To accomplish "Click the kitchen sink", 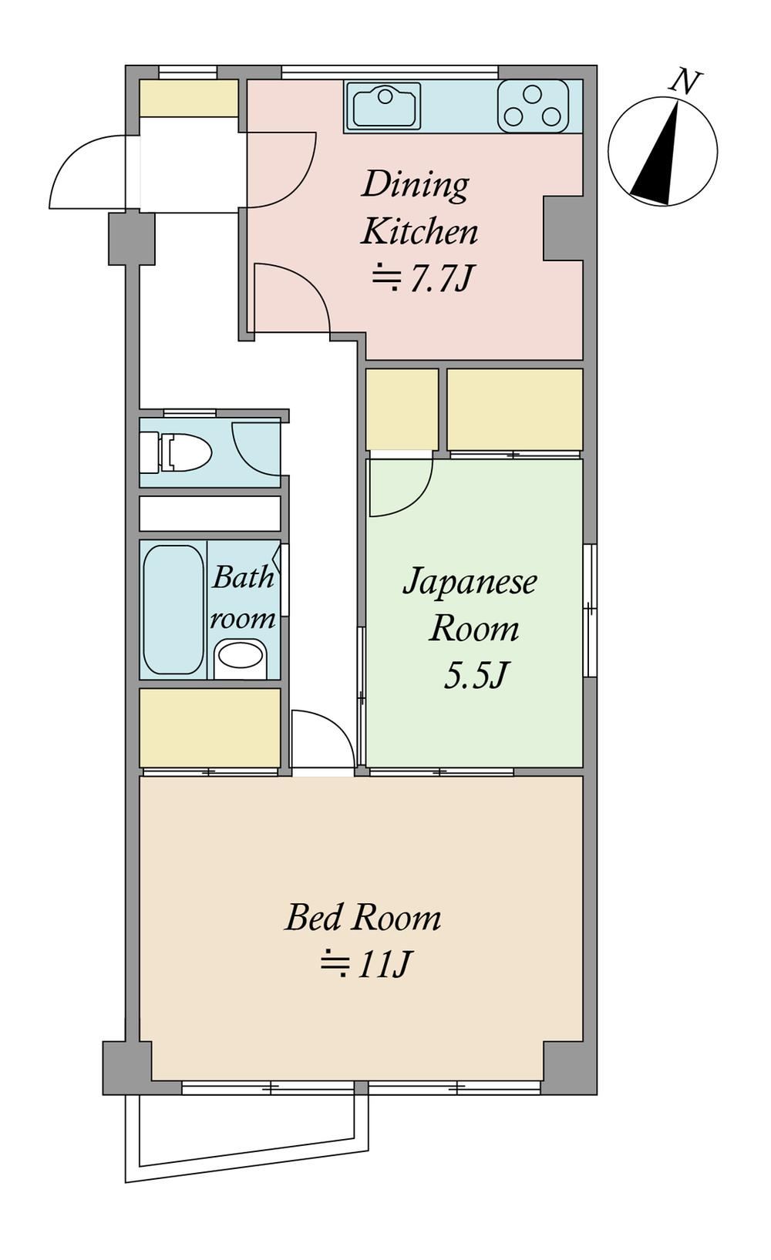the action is tap(386, 105).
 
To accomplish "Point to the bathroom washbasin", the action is tap(241, 657).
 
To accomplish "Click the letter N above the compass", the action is tap(684, 81).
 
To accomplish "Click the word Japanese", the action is tap(470, 582).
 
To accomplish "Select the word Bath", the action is tap(243, 577).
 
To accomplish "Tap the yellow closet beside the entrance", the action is tap(189, 99).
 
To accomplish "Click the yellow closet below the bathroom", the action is tap(210, 727).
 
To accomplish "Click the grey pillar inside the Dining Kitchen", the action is tap(563, 228).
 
